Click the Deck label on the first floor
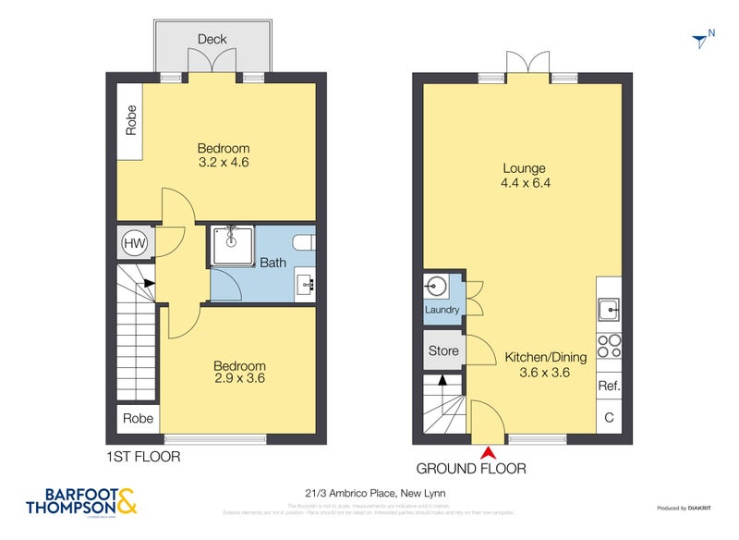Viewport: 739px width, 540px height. point(212,39)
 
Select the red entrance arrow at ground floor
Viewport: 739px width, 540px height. point(487,451)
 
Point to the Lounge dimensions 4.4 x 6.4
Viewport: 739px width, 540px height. point(525,183)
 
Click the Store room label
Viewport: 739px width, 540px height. point(443,350)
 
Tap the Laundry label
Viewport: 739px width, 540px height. point(442,310)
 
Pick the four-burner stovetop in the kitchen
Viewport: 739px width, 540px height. point(610,346)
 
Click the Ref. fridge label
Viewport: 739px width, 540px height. point(609,386)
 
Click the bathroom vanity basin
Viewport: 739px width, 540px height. point(305,282)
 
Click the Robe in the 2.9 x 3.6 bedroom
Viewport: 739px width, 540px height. point(138,418)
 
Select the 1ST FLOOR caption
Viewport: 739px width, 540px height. point(143,456)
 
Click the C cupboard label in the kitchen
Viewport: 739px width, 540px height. point(609,418)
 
